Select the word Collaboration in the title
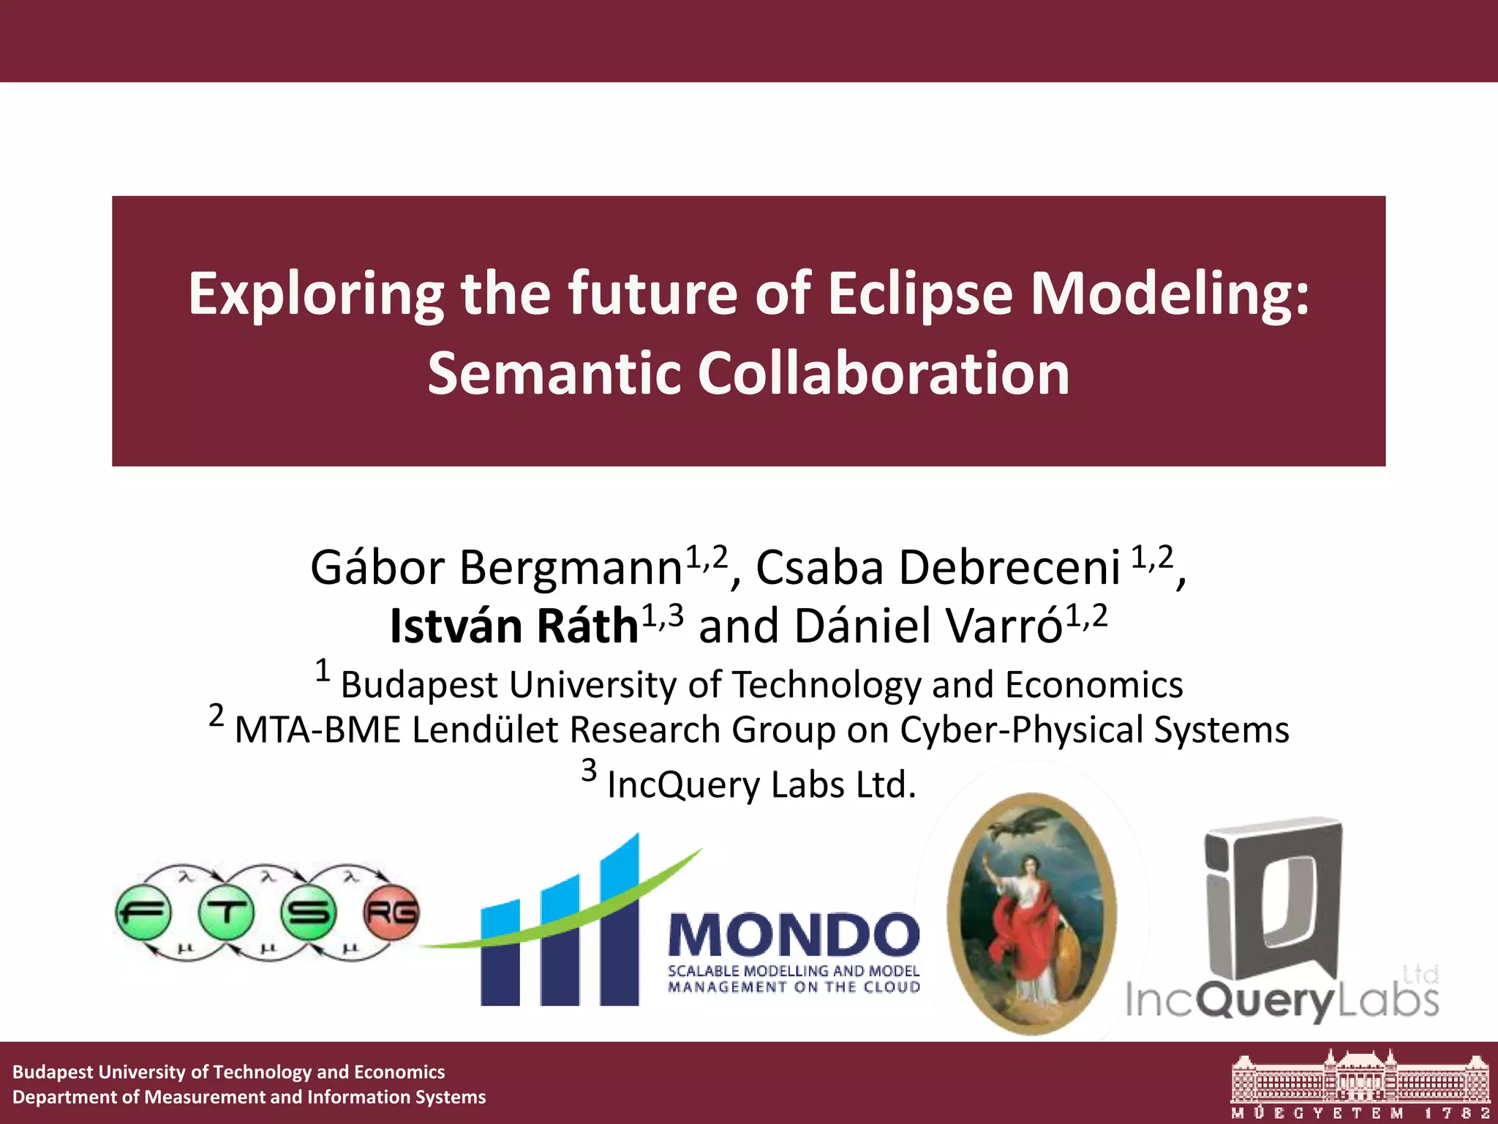click(884, 373)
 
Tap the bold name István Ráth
click(514, 626)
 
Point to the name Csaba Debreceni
click(937, 568)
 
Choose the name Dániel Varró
click(927, 626)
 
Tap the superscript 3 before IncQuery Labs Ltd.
click(589, 771)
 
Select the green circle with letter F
click(143, 913)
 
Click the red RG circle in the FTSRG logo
click(391, 913)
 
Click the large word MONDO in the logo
click(794, 935)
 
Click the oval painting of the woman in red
click(1031, 915)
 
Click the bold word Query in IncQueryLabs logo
click(1268, 1001)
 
